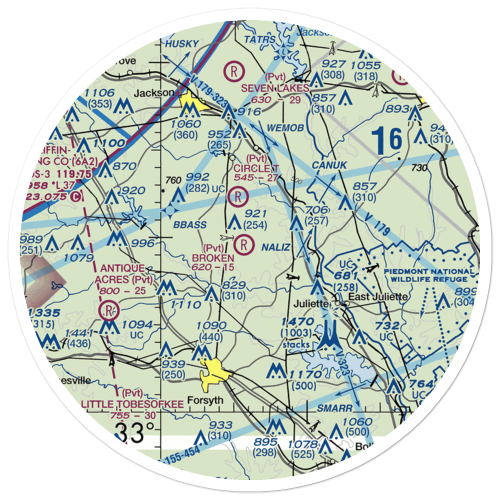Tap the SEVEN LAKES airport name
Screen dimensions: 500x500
click(274, 88)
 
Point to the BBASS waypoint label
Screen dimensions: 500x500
click(190, 224)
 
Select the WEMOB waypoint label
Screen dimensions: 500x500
click(285, 128)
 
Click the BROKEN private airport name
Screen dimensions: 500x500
click(213, 258)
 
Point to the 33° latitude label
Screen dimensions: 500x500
click(134, 431)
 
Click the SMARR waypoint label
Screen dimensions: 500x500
click(334, 408)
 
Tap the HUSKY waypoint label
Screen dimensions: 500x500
click(182, 44)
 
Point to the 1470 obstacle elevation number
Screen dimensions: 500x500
click(297, 322)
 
